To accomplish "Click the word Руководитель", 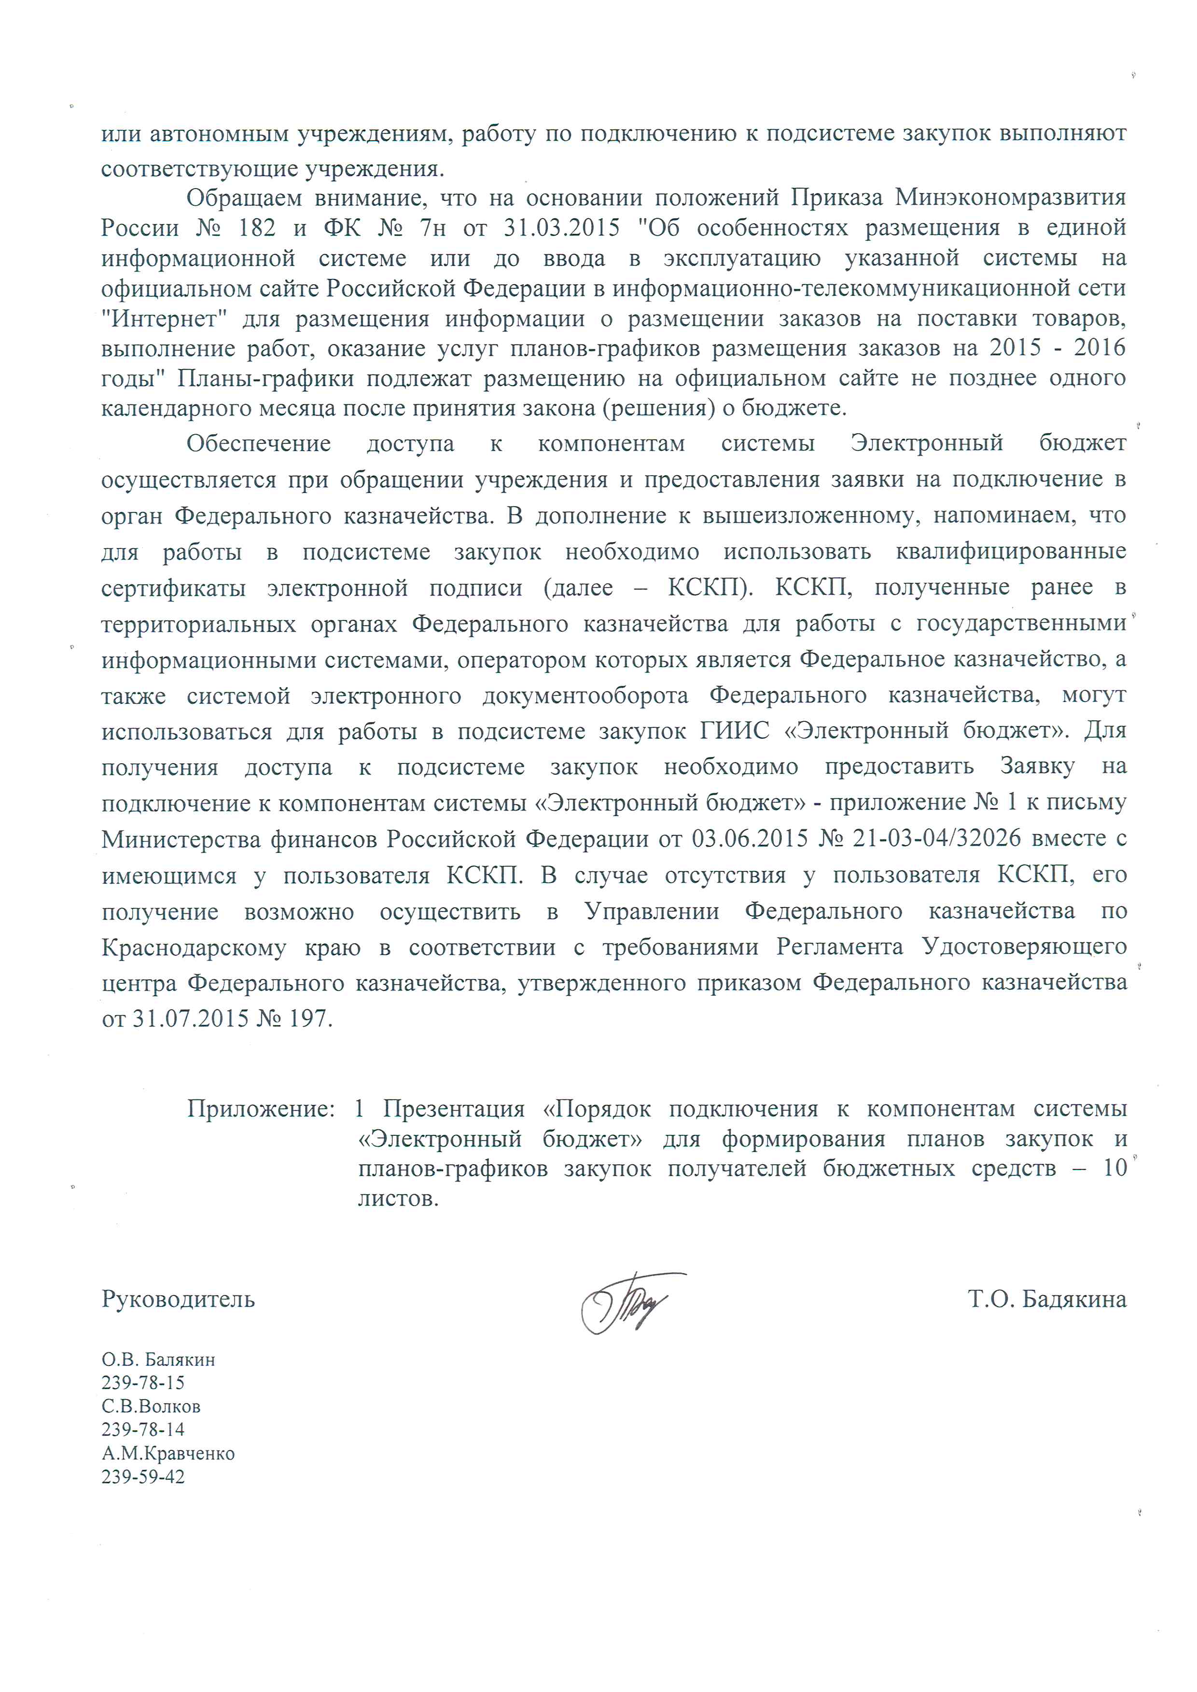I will pyautogui.click(x=179, y=1299).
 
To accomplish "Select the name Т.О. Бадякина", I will pyautogui.click(x=1046, y=1299).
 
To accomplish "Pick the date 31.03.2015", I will pyautogui.click(x=562, y=228).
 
